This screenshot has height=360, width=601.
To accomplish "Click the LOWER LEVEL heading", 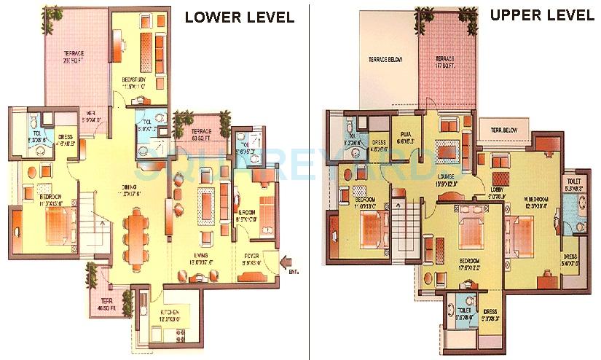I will click(239, 17).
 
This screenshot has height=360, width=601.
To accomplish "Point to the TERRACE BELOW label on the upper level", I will click(385, 59).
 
